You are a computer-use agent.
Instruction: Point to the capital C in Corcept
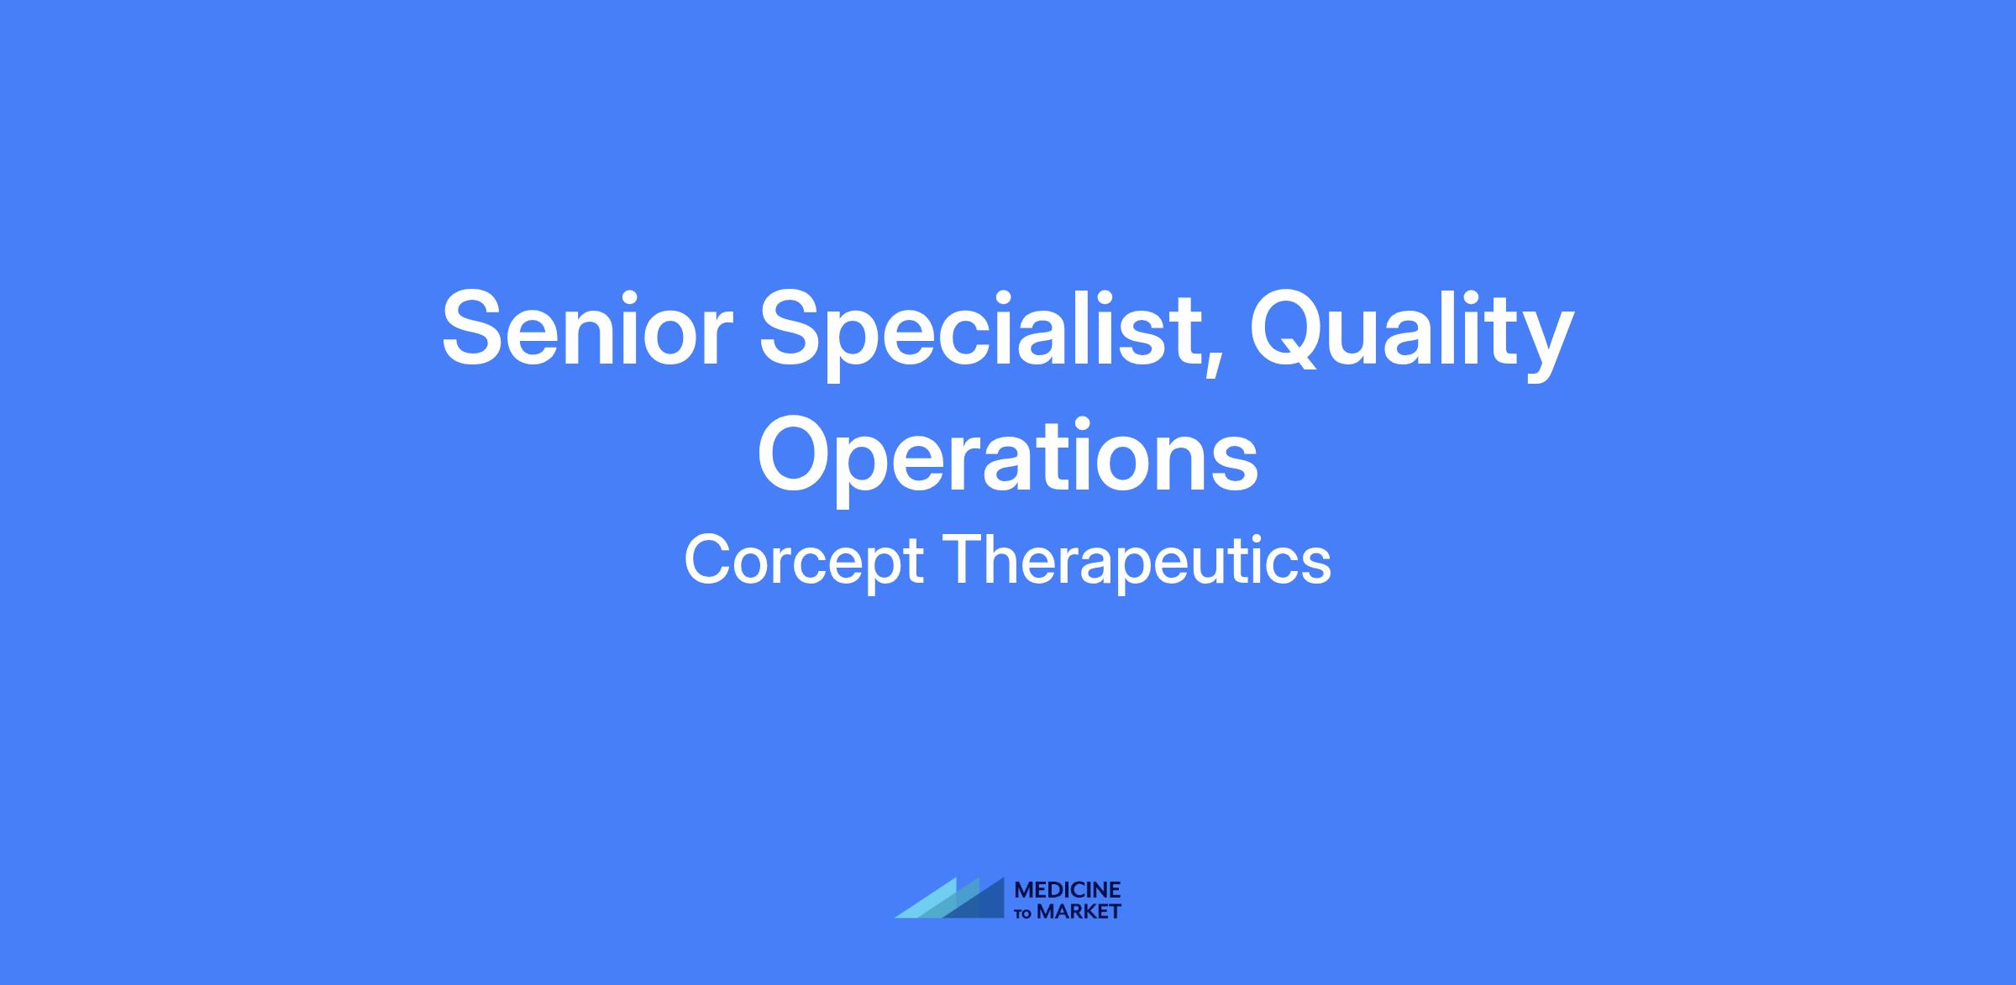click(707, 559)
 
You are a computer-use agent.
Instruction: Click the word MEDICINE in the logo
click(1068, 890)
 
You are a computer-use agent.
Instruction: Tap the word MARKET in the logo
click(1079, 912)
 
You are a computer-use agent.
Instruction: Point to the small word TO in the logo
click(1024, 914)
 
